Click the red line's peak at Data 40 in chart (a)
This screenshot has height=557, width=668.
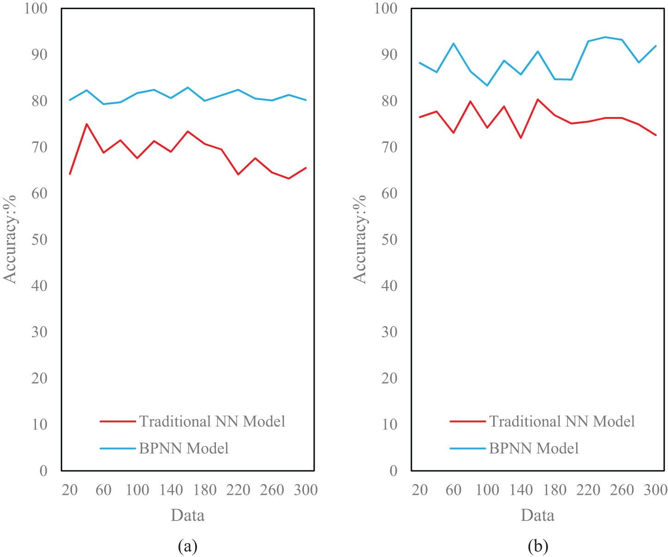[87, 124]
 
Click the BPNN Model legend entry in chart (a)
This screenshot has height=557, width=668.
[184, 448]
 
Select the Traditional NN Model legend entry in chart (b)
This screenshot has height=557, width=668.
[561, 421]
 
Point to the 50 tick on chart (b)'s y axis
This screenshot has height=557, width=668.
[389, 240]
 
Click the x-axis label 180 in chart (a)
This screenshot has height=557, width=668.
[204, 490]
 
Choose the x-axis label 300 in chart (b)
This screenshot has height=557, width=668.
[656, 490]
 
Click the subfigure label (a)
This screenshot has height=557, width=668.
[187, 546]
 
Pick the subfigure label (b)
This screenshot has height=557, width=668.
[537, 546]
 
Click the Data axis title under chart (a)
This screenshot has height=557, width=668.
[187, 515]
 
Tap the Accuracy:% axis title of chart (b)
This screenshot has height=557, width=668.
[359, 239]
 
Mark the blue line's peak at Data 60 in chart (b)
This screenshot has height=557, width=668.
[453, 43]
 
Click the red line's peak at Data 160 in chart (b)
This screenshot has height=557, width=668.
[538, 99]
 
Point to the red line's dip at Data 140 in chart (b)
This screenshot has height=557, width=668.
[521, 138]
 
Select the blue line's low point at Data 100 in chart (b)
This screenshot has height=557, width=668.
[487, 85]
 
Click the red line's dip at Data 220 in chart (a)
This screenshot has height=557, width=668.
[238, 174]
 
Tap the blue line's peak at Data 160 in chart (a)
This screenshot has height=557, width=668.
[188, 87]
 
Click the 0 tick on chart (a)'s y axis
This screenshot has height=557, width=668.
[43, 470]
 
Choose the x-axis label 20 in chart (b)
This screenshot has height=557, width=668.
[420, 490]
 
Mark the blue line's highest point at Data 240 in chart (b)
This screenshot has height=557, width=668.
[605, 37]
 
